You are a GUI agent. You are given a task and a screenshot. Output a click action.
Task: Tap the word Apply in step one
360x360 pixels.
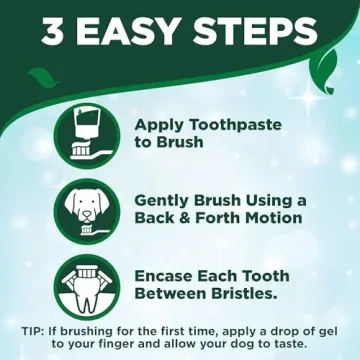159,125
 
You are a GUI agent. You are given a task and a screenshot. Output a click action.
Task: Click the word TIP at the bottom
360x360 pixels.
33,331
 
